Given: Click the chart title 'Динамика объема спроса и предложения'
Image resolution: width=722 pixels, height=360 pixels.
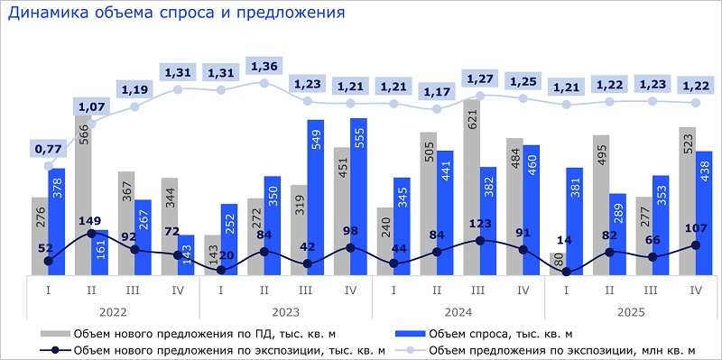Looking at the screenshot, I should pos(177,14).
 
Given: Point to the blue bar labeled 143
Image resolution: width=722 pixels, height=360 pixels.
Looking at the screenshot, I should pos(185,254).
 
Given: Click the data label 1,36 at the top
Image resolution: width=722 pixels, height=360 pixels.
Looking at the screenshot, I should pos(264,65).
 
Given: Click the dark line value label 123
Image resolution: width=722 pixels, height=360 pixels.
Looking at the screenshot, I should pos(481,224).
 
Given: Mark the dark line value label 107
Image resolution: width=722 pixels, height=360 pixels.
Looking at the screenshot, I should pos(697,228).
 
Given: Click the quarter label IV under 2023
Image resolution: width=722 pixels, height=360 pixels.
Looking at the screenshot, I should pos(351,290).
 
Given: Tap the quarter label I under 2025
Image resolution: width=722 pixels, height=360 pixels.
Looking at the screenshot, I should pos(567,290).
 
